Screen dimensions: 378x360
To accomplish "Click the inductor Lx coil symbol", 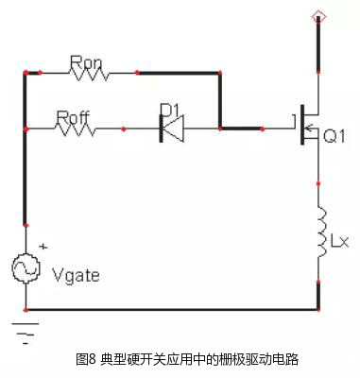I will (319, 231).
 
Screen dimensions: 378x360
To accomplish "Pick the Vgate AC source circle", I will (26, 269).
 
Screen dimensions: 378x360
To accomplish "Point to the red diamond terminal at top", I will (319, 16).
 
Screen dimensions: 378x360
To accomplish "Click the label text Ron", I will (85, 60).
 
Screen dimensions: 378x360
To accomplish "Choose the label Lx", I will (339, 244).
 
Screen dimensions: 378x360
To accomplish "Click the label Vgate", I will (74, 276).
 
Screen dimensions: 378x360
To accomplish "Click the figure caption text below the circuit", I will (180, 359).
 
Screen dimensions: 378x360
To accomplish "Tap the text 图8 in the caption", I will (86, 359).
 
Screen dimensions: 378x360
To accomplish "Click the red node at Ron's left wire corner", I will (26, 72).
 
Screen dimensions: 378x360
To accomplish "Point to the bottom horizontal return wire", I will (170, 310).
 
